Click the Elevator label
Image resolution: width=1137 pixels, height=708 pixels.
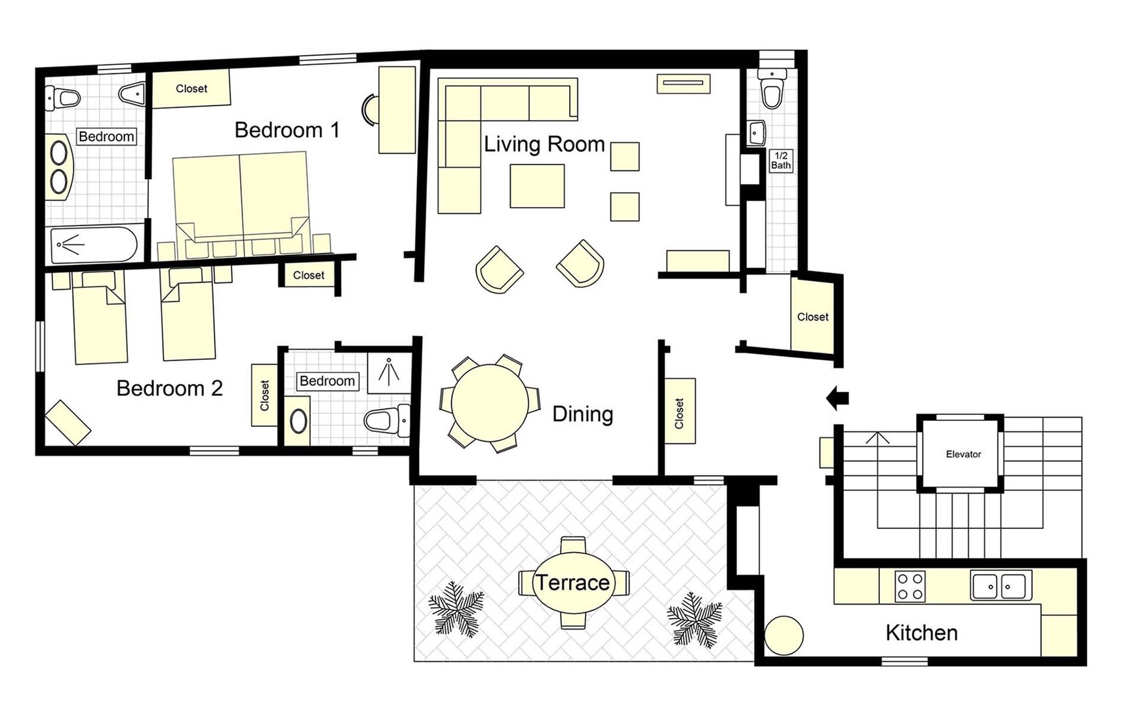pyautogui.click(x=963, y=454)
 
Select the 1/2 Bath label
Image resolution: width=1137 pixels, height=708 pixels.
pyautogui.click(x=780, y=161)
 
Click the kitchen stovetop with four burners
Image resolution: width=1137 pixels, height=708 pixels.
pyautogui.click(x=910, y=586)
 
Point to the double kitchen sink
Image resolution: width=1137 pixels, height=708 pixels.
pyautogui.click(x=1000, y=585)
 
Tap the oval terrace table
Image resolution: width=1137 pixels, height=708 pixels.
pyautogui.click(x=572, y=583)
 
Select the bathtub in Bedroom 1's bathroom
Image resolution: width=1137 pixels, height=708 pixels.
pyautogui.click(x=94, y=245)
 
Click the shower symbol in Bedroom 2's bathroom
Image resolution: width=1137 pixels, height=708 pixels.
pyautogui.click(x=389, y=372)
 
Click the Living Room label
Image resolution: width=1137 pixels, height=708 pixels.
pyautogui.click(x=544, y=144)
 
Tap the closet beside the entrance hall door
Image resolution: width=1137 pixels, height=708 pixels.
pyautogui.click(x=813, y=317)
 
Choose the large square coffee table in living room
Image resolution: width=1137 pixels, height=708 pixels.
pyautogui.click(x=537, y=186)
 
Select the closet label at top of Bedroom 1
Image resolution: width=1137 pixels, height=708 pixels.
pyautogui.click(x=191, y=88)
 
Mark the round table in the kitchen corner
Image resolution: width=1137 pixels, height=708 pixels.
pyautogui.click(x=784, y=635)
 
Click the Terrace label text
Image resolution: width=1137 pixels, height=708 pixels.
pyautogui.click(x=572, y=583)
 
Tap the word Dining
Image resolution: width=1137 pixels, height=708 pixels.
pyautogui.click(x=582, y=414)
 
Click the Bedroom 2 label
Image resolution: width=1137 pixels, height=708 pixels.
pyautogui.click(x=169, y=388)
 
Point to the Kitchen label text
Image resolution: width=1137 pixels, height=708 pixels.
pyautogui.click(x=921, y=633)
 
